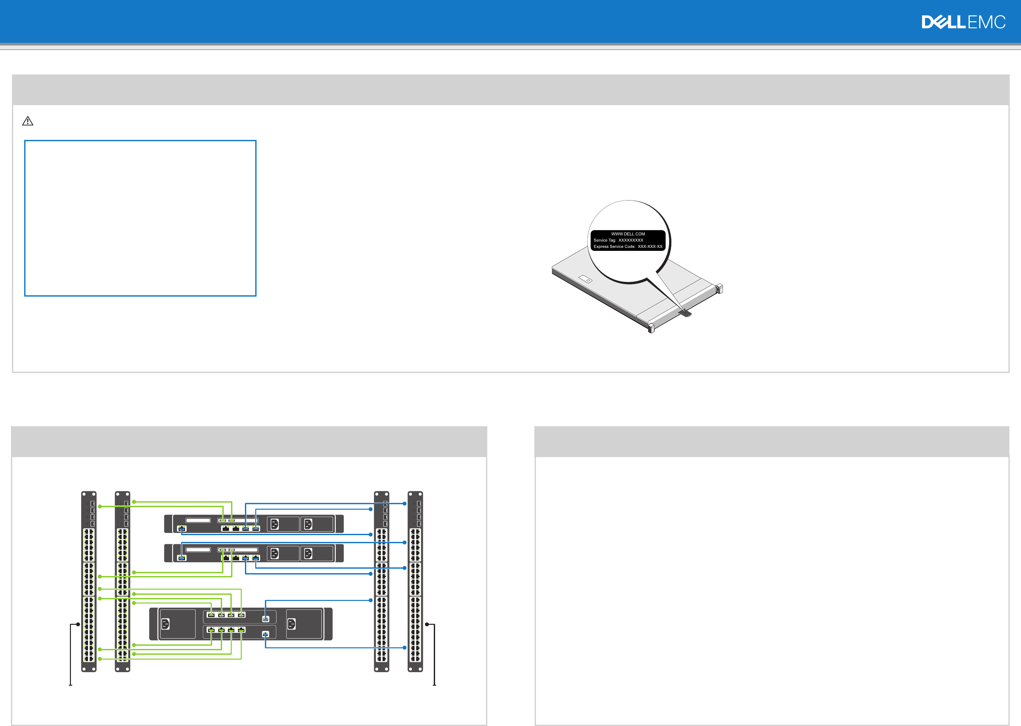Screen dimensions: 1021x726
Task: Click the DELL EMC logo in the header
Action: coord(963,22)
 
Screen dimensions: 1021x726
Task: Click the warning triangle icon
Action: coord(28,121)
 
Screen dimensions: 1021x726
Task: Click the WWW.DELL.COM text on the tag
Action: coord(628,234)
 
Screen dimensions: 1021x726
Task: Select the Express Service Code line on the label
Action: coord(628,246)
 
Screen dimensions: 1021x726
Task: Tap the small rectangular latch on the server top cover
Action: coord(585,279)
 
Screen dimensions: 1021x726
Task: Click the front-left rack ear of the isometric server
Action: coord(651,328)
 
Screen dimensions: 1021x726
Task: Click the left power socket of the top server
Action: coord(275,524)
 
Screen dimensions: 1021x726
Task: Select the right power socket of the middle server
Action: coord(308,554)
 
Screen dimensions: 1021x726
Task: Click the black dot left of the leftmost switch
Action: coord(78,624)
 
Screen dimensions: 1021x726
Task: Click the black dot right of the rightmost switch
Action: coord(427,624)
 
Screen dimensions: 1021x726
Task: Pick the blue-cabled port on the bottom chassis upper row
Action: coord(266,619)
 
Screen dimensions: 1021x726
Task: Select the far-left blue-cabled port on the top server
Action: coord(181,529)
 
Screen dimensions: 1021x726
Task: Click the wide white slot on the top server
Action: coord(198,520)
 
